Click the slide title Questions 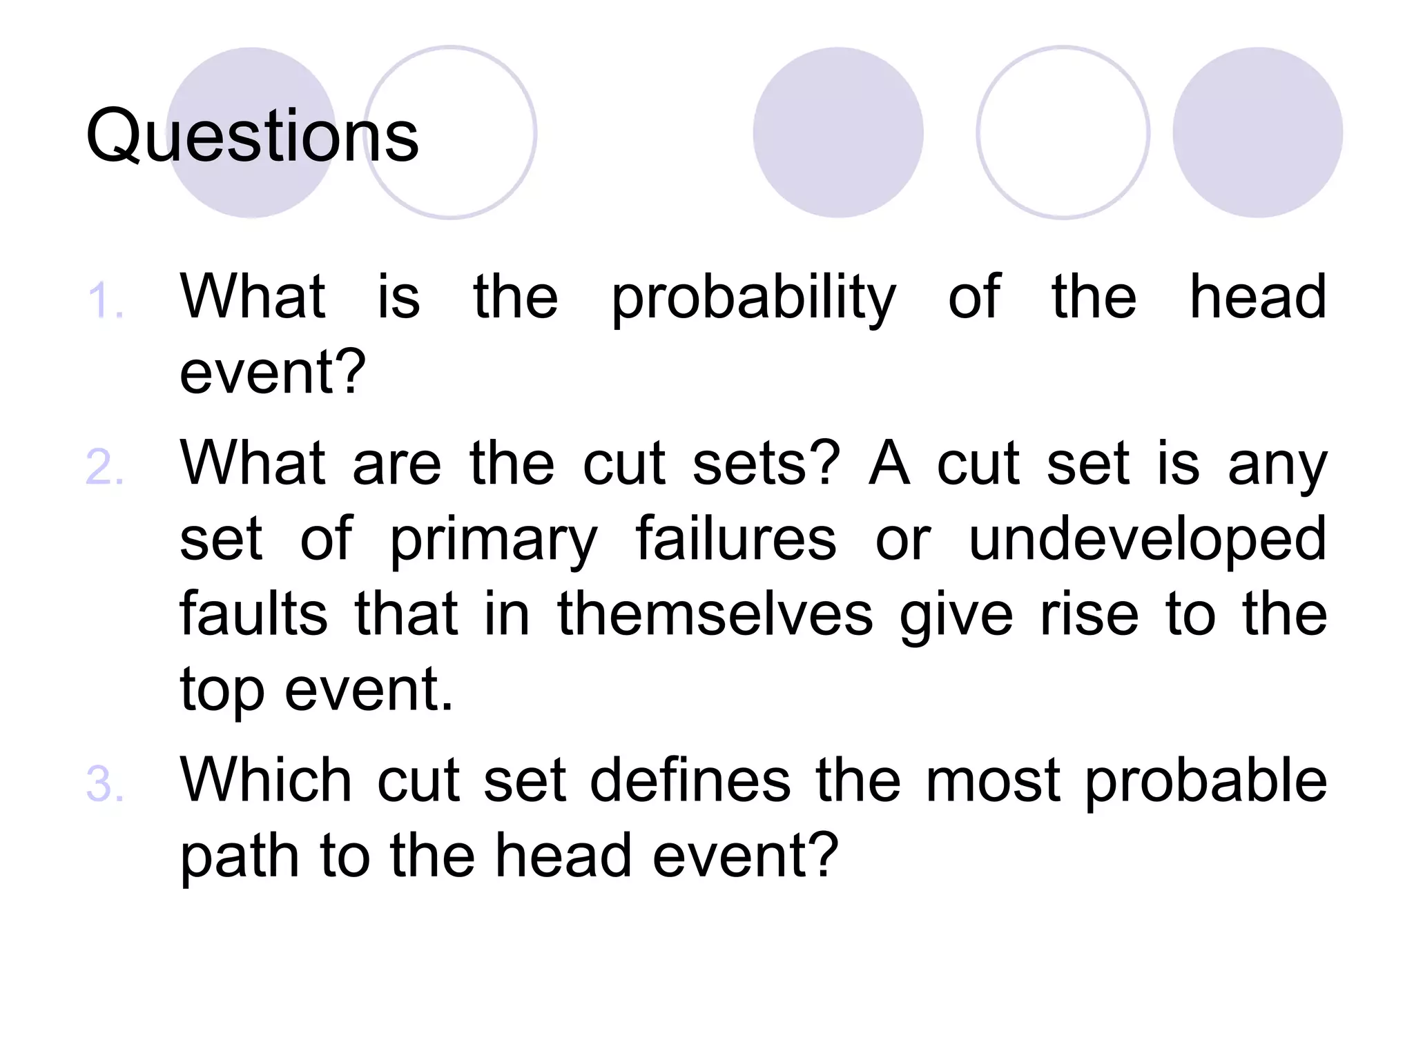click(252, 136)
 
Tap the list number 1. click(105, 302)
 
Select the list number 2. click(105, 468)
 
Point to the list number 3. click(105, 785)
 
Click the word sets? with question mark click(766, 463)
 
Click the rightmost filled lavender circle click(1257, 132)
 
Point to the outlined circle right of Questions click(451, 132)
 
